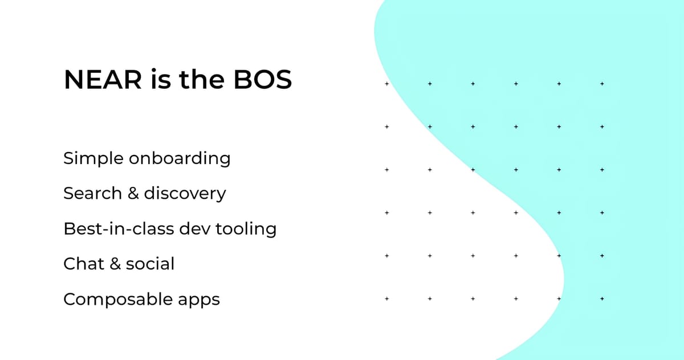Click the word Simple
click(92, 158)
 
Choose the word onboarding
click(180, 158)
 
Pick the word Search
click(92, 194)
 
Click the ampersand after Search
click(133, 194)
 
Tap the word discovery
click(185, 194)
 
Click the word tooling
click(246, 229)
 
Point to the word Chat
click(83, 264)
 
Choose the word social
click(150, 264)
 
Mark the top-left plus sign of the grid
click(386, 84)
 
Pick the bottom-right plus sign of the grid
click(602, 298)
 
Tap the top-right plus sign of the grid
click(602, 84)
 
